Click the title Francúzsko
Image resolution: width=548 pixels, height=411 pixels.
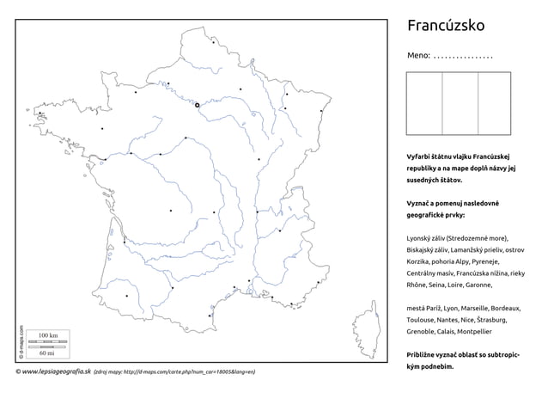(x=445, y=26)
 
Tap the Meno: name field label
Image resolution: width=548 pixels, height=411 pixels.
(x=417, y=56)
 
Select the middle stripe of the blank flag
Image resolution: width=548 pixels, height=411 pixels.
(x=460, y=103)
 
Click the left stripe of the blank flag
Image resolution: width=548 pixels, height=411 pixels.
(x=424, y=103)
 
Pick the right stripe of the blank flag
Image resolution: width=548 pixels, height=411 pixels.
(x=495, y=103)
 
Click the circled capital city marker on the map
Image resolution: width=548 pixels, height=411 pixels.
(x=198, y=105)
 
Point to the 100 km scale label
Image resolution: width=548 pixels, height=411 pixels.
(x=48, y=334)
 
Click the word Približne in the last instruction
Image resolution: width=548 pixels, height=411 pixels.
(x=423, y=354)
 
